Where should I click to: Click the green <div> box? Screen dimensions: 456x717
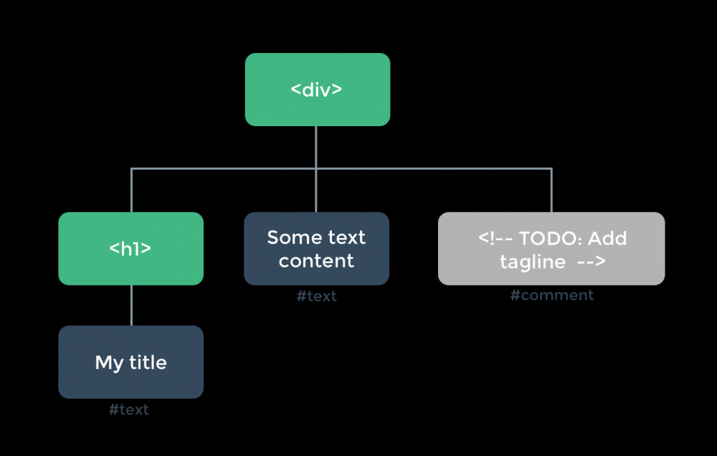pyautogui.click(x=317, y=90)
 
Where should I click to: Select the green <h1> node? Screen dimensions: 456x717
pyautogui.click(x=130, y=249)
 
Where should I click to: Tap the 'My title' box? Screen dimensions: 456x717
pyautogui.click(x=130, y=362)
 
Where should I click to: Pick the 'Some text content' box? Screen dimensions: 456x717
pyautogui.click(x=316, y=249)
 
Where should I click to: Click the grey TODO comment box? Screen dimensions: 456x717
pyautogui.click(x=551, y=249)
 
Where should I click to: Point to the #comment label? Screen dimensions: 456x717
pyautogui.click(x=552, y=295)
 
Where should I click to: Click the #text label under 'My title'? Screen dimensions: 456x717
pyautogui.click(x=129, y=410)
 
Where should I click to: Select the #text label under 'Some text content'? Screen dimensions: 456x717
pyautogui.click(x=316, y=296)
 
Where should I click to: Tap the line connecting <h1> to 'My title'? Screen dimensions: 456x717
pyautogui.click(x=131, y=305)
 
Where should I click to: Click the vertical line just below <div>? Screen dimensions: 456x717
pyautogui.click(x=316, y=146)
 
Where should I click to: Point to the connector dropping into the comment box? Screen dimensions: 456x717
pyautogui.click(x=551, y=191)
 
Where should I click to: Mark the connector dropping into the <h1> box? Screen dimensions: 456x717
pyautogui.click(x=131, y=191)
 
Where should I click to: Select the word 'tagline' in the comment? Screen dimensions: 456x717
pyautogui.click(x=533, y=262)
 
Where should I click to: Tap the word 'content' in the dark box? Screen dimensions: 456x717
pyautogui.click(x=316, y=261)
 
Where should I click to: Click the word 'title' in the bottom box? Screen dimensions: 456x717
pyautogui.click(x=148, y=362)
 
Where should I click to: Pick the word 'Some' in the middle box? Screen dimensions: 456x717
pyautogui.click(x=290, y=237)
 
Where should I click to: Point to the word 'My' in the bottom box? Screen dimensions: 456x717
pyautogui.click(x=109, y=364)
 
